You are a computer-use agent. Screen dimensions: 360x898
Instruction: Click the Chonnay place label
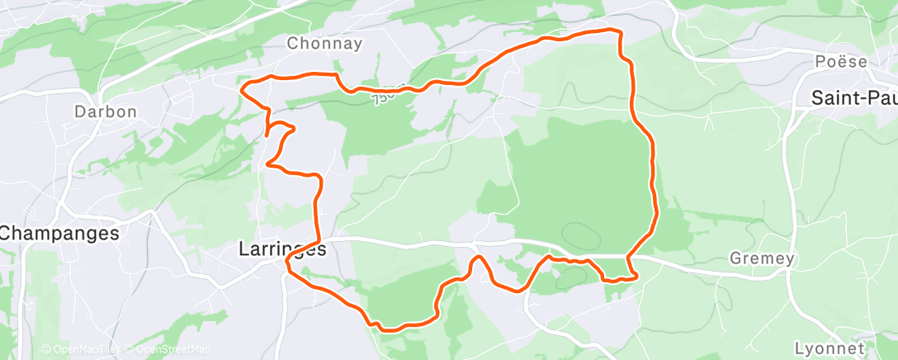click(324, 43)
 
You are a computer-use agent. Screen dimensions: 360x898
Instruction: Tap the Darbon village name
click(105, 111)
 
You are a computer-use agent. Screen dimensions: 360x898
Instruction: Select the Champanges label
click(59, 234)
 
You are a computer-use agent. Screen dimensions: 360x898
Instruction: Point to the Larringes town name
click(282, 247)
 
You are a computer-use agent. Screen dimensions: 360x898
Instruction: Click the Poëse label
click(841, 62)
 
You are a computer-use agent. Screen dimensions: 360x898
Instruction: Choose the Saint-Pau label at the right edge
click(853, 97)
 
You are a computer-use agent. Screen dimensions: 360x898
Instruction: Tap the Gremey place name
click(762, 258)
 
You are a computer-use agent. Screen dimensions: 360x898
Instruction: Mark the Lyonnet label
click(829, 348)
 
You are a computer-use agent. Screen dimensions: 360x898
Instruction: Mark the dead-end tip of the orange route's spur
click(267, 132)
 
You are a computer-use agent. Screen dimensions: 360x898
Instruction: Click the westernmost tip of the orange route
click(240, 88)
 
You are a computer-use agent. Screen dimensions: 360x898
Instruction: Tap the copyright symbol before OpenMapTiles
click(46, 349)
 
